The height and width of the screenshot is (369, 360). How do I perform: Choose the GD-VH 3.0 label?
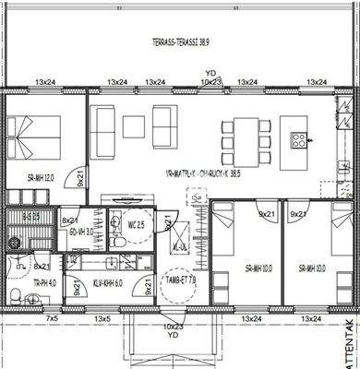81,232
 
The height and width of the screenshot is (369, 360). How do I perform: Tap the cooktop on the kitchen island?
300,140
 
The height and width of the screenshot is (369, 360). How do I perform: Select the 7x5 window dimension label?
27,318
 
